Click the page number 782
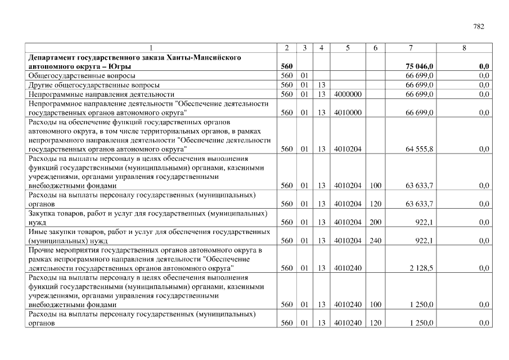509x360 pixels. click(x=479, y=26)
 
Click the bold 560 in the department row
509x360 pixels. click(x=286, y=66)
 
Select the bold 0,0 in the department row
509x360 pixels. click(x=484, y=66)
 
